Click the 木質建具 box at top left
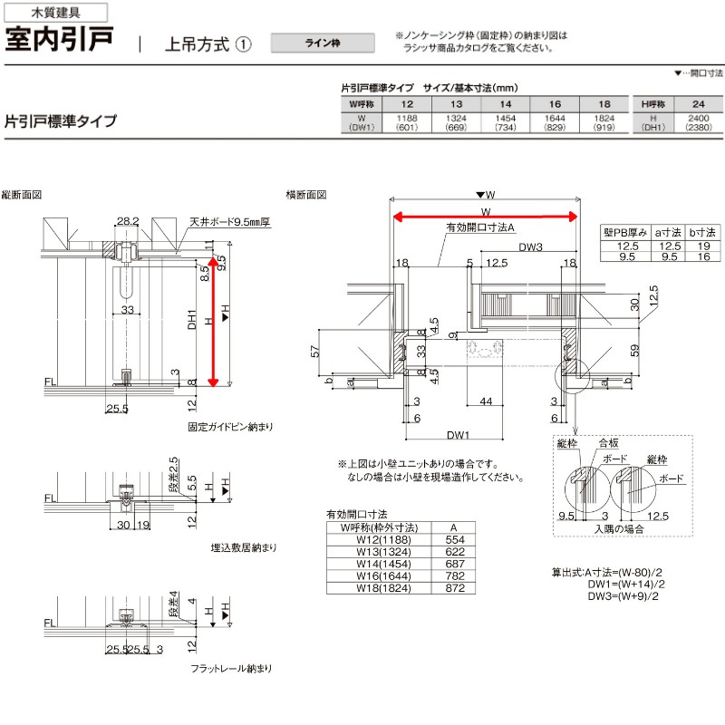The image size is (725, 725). click(x=54, y=13)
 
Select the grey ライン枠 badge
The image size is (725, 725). click(x=322, y=44)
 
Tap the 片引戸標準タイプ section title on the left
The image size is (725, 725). click(x=61, y=121)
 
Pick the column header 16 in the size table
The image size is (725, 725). click(x=556, y=105)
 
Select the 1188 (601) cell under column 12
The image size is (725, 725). click(x=404, y=123)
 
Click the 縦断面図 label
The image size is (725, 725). click(x=22, y=195)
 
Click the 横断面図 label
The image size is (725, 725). click(x=305, y=195)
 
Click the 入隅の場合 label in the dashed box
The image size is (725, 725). click(x=619, y=527)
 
